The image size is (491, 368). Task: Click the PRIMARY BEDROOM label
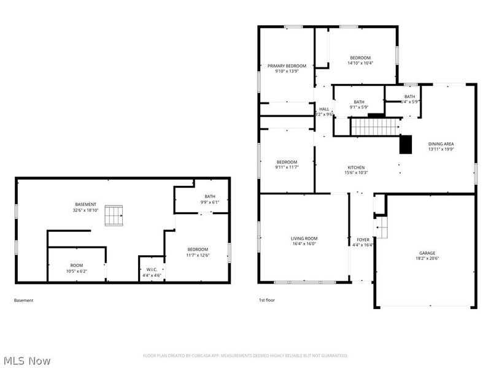pos(287,66)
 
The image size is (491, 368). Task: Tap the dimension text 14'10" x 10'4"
pos(361,63)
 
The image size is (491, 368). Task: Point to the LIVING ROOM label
pos(304,238)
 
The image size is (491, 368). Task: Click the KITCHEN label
pos(356,167)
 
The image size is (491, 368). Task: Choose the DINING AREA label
pos(441,144)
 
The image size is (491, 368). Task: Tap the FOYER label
pos(363,239)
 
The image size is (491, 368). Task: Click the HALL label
pos(324,109)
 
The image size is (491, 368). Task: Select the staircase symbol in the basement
pos(112,215)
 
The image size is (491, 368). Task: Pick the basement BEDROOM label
pos(198,249)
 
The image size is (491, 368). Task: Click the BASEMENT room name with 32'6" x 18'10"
pos(86,204)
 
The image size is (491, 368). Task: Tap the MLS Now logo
pos(28,361)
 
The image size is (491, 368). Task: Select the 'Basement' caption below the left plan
pos(23,301)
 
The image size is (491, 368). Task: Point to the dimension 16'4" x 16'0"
pos(304,243)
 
